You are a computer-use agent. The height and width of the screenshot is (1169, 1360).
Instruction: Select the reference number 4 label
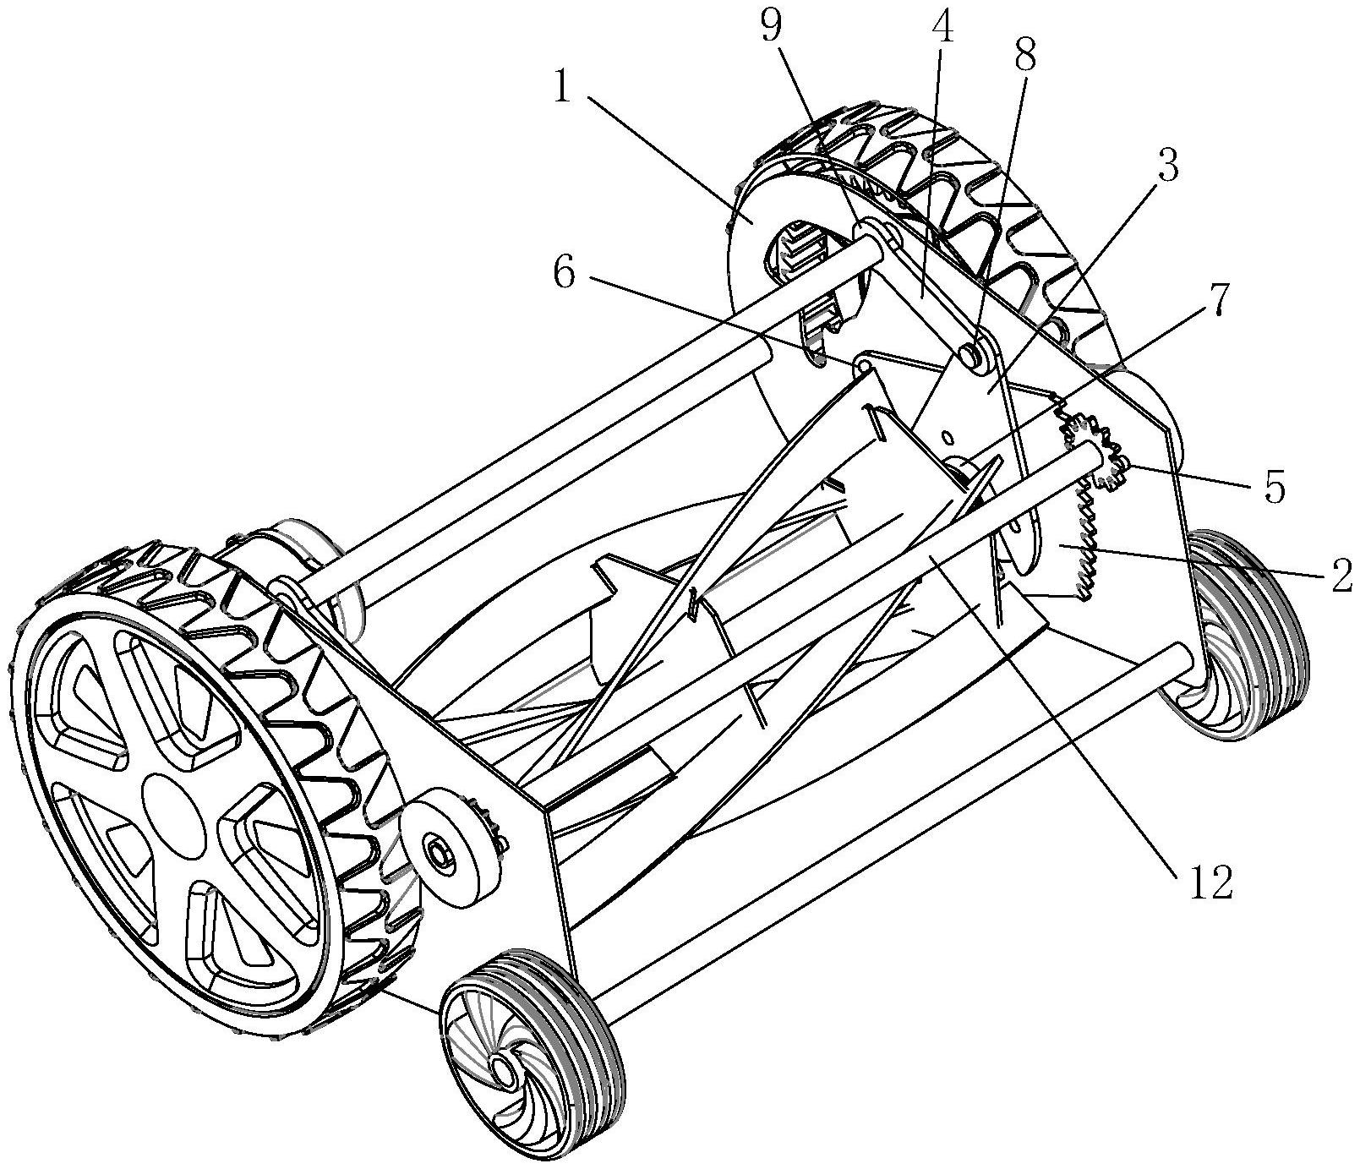942,31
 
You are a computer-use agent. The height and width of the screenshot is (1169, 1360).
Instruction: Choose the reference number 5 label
1273,488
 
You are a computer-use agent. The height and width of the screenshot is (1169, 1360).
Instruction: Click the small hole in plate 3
948,437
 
